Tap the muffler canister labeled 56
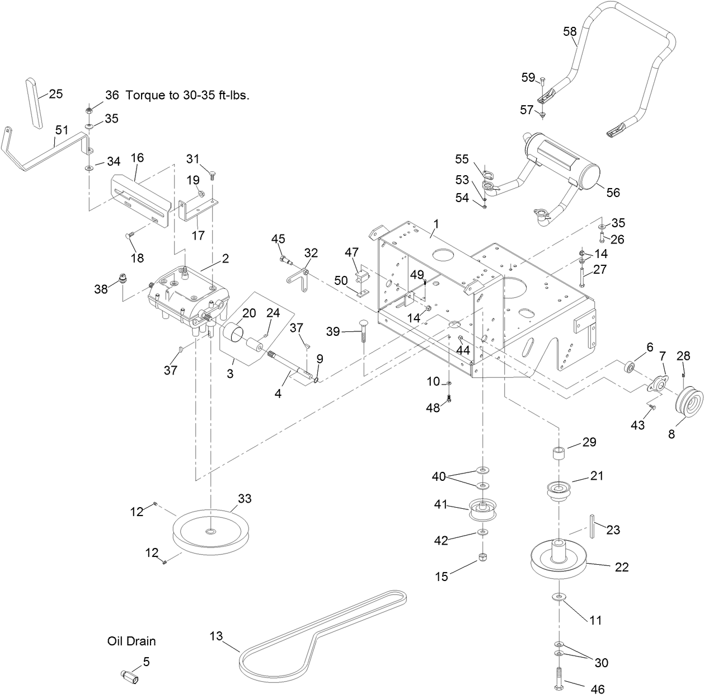pyautogui.click(x=565, y=162)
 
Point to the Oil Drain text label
pyautogui.click(x=132, y=641)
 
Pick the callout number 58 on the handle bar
pyautogui.click(x=570, y=32)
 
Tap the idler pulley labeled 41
pyautogui.click(x=481, y=509)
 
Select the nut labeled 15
pyautogui.click(x=482, y=559)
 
